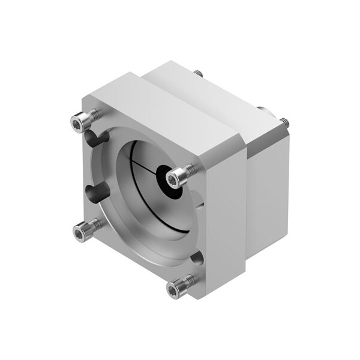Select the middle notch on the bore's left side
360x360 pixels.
click(x=96, y=193)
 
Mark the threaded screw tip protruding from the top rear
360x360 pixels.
click(x=197, y=73)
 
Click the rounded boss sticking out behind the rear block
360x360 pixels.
click(x=263, y=110)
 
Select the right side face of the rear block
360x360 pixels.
click(x=267, y=186)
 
